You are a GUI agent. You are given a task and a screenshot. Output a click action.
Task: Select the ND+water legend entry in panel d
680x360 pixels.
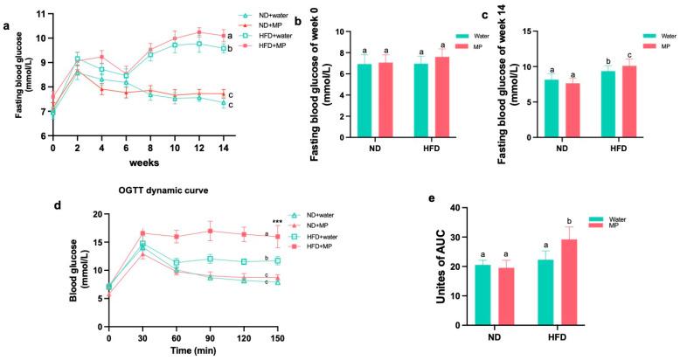coord(313,215)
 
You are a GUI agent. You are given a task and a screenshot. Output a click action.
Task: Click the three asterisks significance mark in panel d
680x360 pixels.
coord(277,222)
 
